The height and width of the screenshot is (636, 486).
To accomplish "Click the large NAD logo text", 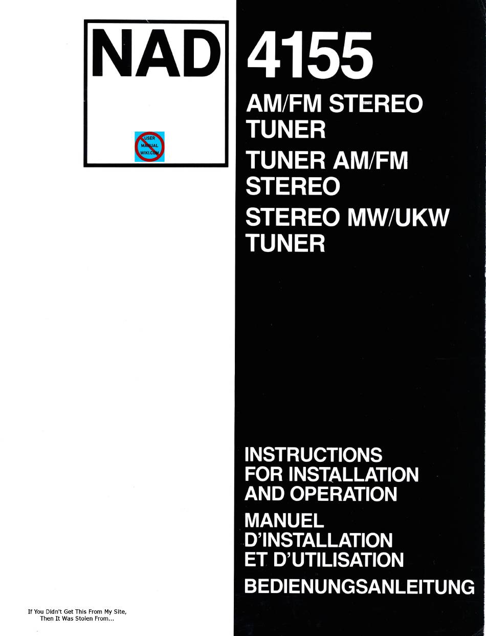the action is (x=156, y=53).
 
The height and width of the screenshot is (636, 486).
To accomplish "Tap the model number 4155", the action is (x=310, y=55).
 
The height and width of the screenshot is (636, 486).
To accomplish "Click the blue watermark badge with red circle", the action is (x=149, y=146).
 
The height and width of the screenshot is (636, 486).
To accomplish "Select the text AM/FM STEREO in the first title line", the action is (x=335, y=104).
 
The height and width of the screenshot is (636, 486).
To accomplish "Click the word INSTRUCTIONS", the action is (x=314, y=455).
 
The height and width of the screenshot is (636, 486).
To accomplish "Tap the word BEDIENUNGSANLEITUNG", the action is (x=360, y=585).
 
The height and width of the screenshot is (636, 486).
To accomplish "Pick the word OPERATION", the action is (x=343, y=494).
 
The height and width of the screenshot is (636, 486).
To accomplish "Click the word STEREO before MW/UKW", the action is (x=293, y=218).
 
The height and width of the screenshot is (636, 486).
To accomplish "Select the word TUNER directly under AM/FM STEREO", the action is (x=285, y=130).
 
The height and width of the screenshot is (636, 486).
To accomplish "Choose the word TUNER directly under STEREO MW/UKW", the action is (x=285, y=243).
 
